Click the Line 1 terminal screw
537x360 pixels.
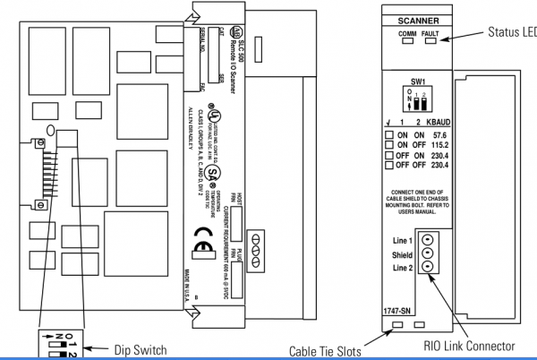428,240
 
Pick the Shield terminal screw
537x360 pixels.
428,253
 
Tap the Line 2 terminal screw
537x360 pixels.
428,267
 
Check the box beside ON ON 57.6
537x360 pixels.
389,135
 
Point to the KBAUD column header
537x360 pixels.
438,124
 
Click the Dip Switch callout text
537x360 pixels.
138,349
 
